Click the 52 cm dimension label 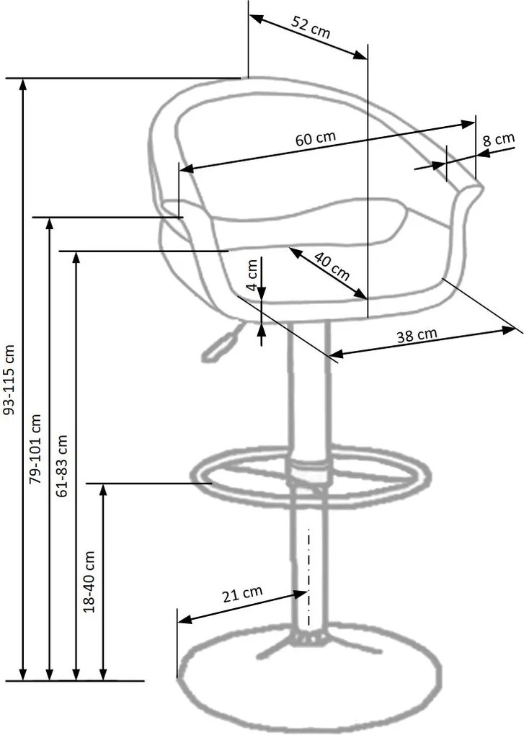pyautogui.click(x=311, y=27)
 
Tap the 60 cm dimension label pyautogui.click(x=316, y=138)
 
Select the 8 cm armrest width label pyautogui.click(x=499, y=140)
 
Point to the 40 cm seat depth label pyautogui.click(x=332, y=266)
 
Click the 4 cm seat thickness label pyautogui.click(x=252, y=275)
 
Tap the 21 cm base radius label pyautogui.click(x=242, y=594)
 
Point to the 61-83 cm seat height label pyautogui.click(x=62, y=465)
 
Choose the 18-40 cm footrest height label pyautogui.click(x=89, y=582)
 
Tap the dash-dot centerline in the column pyautogui.click(x=309, y=577)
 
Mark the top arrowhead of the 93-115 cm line pyautogui.click(x=22, y=85)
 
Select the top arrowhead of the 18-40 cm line pyautogui.click(x=104, y=490)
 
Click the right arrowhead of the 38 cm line pyautogui.click(x=509, y=330)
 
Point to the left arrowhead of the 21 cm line pyautogui.click(x=185, y=620)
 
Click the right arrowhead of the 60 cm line pyautogui.click(x=469, y=124)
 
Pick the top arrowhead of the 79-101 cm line pyautogui.click(x=49, y=225)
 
